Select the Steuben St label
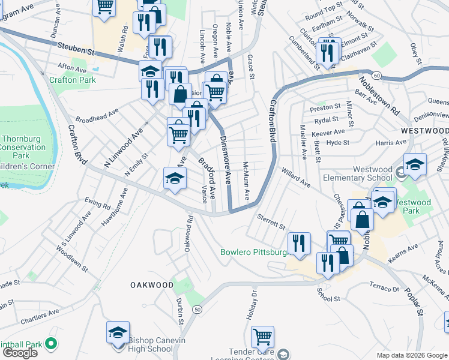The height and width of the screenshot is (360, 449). (77, 48)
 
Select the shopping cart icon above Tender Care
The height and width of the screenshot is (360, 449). (262, 336)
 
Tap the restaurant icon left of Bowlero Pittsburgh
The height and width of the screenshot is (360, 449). (298, 242)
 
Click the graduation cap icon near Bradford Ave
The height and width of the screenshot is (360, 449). (175, 178)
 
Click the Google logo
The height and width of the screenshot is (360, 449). (20, 353)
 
